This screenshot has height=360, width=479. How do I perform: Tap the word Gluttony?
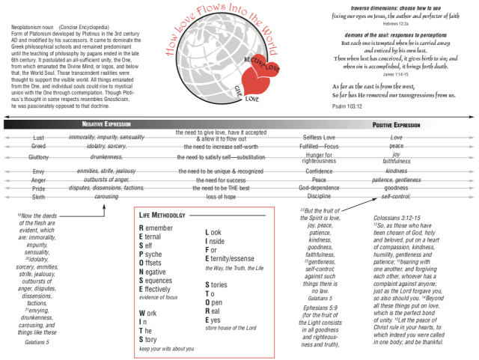pos(38,158)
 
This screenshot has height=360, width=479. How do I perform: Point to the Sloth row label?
pos(38,197)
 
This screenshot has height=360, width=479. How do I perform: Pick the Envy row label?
pos(38,172)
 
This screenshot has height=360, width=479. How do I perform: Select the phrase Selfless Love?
pos(319,138)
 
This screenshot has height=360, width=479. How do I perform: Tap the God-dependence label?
pos(319,188)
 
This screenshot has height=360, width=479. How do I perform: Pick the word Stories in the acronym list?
pos(218,285)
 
